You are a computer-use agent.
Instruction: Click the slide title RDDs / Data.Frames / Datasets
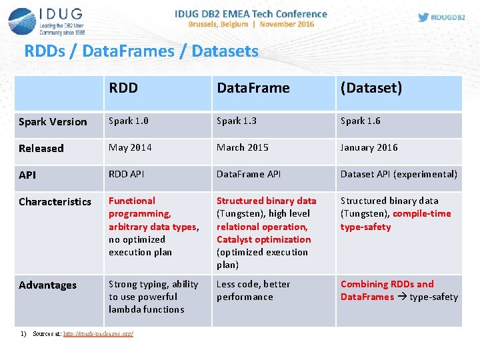[x=141, y=51]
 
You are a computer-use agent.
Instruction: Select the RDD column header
[x=123, y=88]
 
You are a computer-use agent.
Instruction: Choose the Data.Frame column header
[x=253, y=88]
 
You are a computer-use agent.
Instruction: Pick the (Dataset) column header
[x=371, y=88]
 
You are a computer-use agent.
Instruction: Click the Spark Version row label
[x=53, y=121]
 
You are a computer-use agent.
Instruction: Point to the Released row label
[x=41, y=148]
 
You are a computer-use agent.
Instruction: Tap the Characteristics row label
[x=55, y=201]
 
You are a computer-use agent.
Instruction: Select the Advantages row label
[x=47, y=285]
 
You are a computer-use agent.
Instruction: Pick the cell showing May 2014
[x=130, y=147]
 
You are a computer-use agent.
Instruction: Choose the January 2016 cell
[x=369, y=147]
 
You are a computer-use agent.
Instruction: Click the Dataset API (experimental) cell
[x=399, y=174]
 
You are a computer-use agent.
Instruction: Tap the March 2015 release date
[x=243, y=147]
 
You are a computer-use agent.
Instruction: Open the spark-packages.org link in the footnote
[x=98, y=333]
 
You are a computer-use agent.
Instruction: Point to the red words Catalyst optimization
[x=263, y=239]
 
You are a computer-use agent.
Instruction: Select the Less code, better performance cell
[x=253, y=291]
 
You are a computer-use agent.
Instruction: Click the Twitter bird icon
[x=423, y=17]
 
